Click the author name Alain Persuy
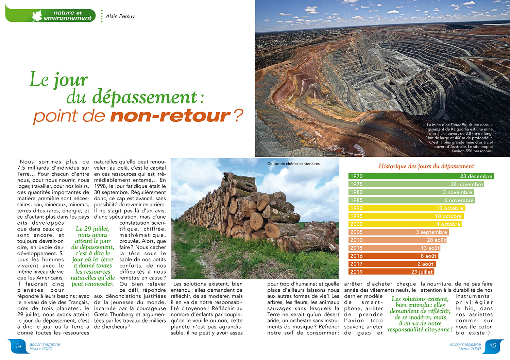120,16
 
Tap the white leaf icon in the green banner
37,16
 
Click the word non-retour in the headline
170,116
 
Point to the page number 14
18,346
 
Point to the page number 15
493,346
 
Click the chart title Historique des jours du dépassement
426,166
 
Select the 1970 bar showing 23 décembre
421,176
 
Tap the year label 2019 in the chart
356,272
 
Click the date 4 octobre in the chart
448,224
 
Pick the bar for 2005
398,232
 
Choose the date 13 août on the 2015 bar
430,248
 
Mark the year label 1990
356,208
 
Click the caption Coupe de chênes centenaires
294,164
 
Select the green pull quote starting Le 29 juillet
92,256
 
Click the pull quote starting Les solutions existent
420,314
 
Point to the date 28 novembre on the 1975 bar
466,184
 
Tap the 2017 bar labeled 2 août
392,264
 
